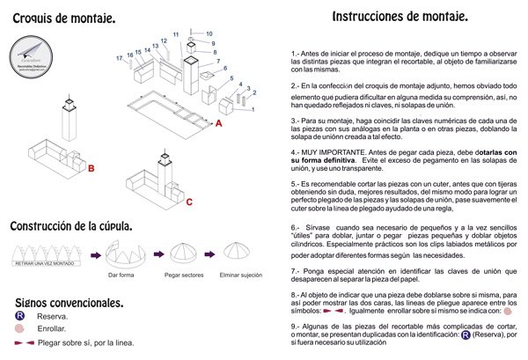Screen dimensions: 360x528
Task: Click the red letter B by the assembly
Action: [90, 166]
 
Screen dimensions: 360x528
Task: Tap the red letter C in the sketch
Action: [190, 202]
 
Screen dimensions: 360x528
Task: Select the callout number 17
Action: [120, 58]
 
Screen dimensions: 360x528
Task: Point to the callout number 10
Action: [209, 33]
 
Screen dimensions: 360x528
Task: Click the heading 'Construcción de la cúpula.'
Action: [71, 226]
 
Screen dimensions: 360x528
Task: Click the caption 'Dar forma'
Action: [121, 275]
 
